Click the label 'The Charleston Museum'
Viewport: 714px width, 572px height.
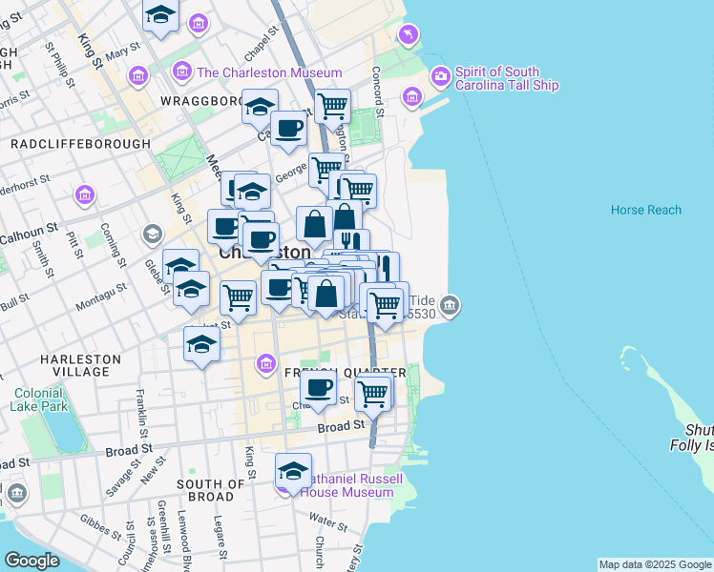click(269, 73)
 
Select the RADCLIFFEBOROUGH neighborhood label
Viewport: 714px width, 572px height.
click(80, 144)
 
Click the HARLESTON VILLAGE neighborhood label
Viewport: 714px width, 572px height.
click(80, 366)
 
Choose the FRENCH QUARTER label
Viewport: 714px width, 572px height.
click(346, 372)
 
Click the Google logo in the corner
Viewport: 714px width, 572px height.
click(31, 561)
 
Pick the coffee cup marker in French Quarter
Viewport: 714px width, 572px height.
click(318, 387)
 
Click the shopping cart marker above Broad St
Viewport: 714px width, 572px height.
click(372, 391)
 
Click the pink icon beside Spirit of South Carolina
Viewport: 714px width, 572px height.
click(440, 74)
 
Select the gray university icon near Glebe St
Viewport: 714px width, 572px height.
click(152, 234)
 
